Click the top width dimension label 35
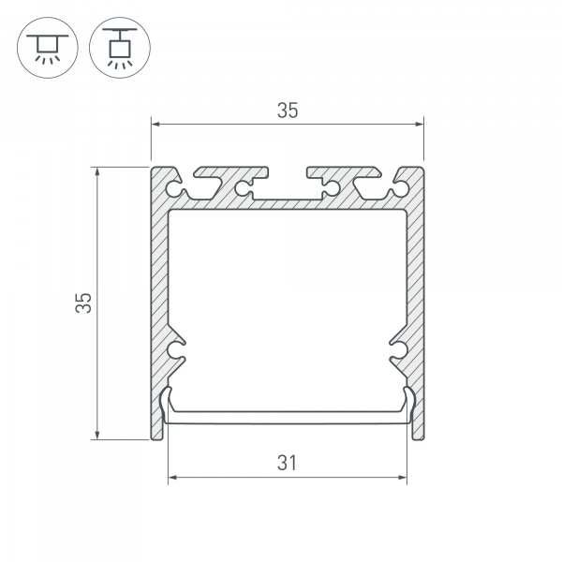coord(288,110)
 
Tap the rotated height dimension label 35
coord(83,303)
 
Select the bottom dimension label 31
coord(287,463)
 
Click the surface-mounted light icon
coord(48,48)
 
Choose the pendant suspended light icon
coord(120,48)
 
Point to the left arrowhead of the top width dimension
coord(155,124)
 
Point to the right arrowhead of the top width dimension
coord(420,124)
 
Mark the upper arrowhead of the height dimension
coord(96,171)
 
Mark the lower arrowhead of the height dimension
coord(96,435)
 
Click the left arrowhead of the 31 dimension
coord(172,478)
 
